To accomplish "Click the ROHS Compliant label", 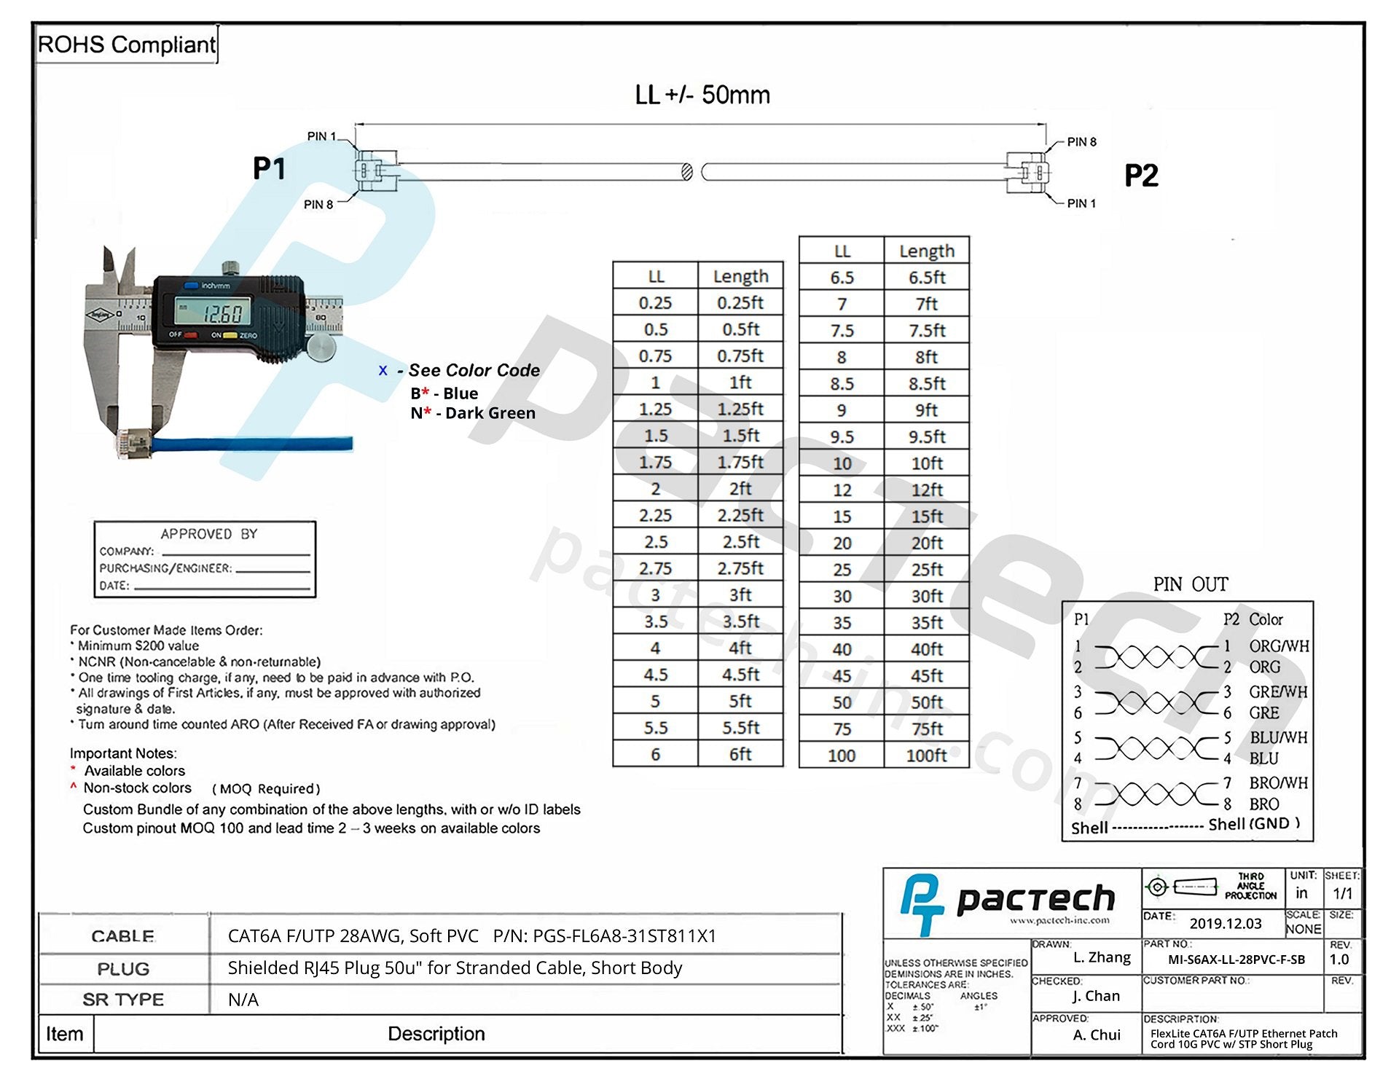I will (126, 45).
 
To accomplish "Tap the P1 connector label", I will (269, 168).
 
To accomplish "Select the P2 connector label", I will (1140, 176).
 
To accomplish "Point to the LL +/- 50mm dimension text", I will (702, 95).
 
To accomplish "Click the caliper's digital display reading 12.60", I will (213, 313).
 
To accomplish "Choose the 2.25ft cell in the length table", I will (740, 515).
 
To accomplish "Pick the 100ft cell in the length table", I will (926, 756).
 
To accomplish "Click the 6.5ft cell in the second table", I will (926, 278).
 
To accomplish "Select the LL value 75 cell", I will (842, 729).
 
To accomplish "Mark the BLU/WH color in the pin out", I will (1278, 737).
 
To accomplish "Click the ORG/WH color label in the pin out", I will (1279, 646).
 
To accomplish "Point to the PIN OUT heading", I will (1190, 584).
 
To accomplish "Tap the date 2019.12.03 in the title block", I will (1226, 924).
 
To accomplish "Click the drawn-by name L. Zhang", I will (1102, 957).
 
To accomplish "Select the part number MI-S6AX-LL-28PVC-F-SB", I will (1237, 960).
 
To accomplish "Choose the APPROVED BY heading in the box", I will (209, 534).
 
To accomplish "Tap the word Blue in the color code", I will (461, 393).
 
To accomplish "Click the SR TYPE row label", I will (123, 1000).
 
